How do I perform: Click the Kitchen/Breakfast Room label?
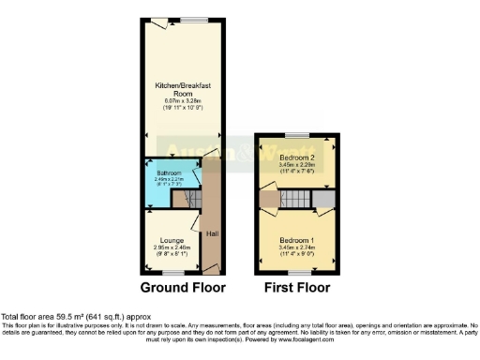tap(183, 90)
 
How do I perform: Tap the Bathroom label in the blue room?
tap(169, 172)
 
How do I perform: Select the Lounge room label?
tap(171, 241)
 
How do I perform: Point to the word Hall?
tap(212, 232)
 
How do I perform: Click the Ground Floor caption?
tap(183, 287)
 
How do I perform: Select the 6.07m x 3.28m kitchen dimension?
tap(183, 101)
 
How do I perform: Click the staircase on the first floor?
tap(294, 199)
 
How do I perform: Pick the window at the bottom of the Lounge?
tap(171, 271)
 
